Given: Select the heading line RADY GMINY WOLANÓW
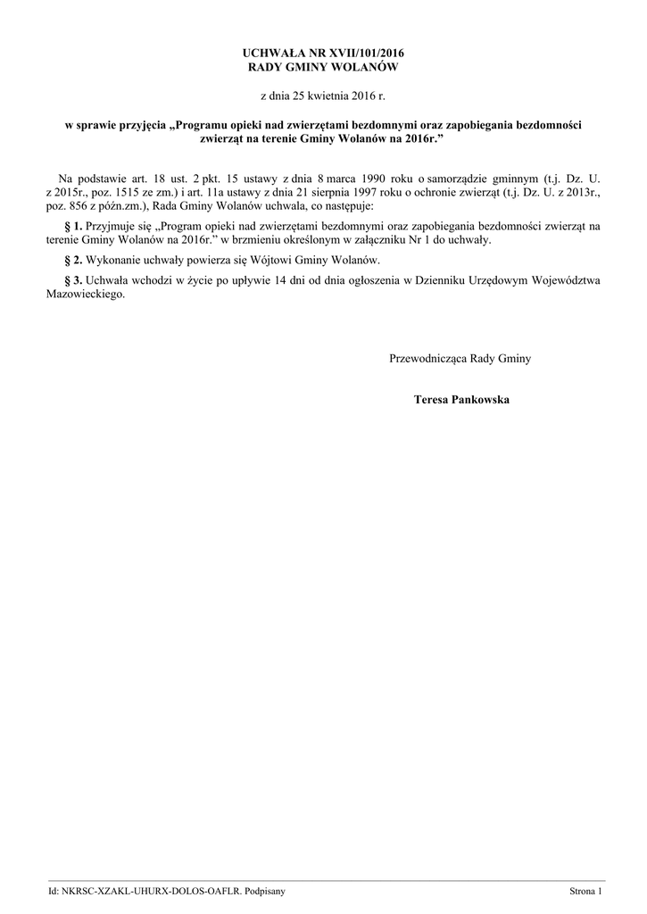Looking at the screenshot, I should coord(323,67).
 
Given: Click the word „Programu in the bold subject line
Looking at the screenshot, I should coord(206,126).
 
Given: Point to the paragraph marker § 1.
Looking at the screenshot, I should coord(74,227).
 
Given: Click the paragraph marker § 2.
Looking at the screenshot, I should coord(74,260).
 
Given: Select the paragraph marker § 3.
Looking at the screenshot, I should coord(74,280).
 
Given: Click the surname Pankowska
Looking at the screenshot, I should coord(478,400).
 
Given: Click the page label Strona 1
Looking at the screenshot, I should coord(586,892).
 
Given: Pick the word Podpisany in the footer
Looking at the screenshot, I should coord(263,892).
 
